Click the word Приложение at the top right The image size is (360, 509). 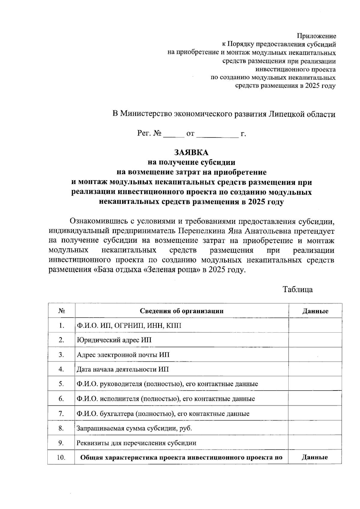[316, 36]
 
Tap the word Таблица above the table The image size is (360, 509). [298, 289]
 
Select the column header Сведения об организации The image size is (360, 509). [181, 311]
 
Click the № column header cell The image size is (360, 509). [61, 311]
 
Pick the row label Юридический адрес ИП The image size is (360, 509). [114, 340]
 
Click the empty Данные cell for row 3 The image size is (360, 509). [315, 355]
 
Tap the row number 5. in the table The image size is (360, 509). [61, 384]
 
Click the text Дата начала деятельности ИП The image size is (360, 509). [123, 369]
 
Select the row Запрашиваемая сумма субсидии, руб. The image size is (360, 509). [134, 428]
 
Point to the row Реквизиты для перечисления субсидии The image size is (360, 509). [136, 443]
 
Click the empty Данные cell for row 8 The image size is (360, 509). [315, 428]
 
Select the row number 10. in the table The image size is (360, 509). [61, 458]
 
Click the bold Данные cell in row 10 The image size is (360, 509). [315, 458]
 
